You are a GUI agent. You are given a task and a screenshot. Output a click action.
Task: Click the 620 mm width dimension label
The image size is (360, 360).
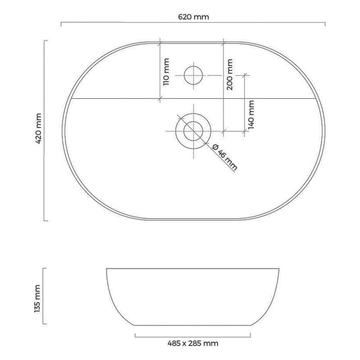click(193, 17)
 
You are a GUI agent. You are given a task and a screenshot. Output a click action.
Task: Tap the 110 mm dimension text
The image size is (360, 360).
click(166, 72)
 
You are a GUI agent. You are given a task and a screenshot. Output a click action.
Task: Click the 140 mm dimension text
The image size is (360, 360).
click(251, 114)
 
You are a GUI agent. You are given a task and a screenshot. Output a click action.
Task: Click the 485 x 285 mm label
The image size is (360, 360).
click(193, 343)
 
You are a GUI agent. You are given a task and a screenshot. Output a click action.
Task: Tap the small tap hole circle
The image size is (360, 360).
click(193, 75)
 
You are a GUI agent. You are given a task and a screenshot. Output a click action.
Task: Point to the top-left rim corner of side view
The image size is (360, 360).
click(106, 269)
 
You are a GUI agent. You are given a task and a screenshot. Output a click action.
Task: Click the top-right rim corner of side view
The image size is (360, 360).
click(279, 269)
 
